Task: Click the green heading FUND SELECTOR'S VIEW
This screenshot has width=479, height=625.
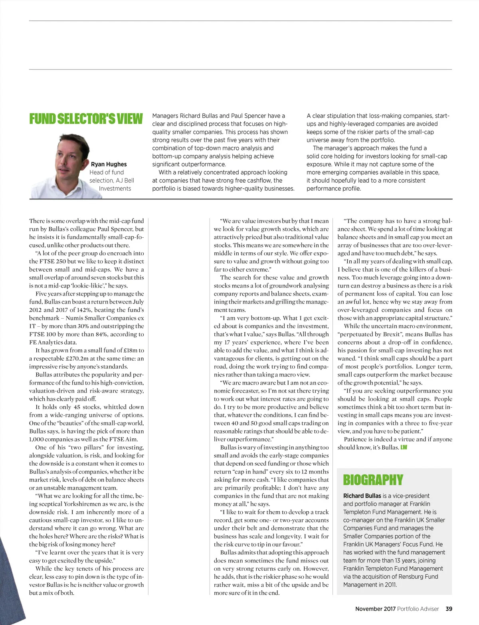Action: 86,119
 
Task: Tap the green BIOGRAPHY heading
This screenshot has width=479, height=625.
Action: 373,480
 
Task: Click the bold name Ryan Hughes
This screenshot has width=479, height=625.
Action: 109,164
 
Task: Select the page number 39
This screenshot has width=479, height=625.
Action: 449,609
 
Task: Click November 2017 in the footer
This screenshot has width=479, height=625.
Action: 375,609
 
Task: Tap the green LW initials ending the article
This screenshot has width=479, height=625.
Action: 404,448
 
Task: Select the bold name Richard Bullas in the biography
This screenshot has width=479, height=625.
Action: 362,496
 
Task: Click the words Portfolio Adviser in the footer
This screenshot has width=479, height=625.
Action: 418,609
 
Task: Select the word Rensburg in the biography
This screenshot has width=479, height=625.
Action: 408,577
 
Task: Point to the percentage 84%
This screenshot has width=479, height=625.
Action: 100,334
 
